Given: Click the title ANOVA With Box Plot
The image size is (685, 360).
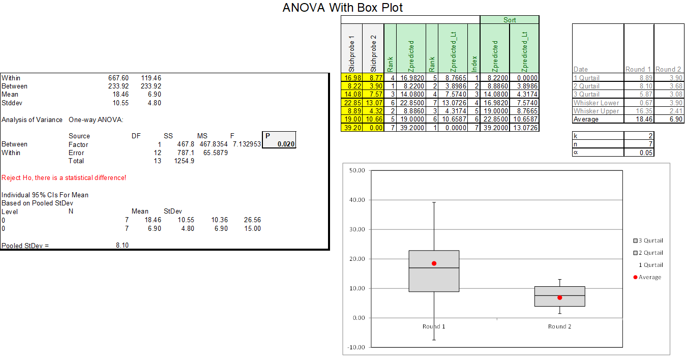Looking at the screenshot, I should click(342, 8).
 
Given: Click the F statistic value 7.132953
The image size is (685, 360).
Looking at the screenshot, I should click(247, 144).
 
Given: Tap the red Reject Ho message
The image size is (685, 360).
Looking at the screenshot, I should click(64, 177).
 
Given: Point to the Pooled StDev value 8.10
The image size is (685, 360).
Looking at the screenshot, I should click(123, 246).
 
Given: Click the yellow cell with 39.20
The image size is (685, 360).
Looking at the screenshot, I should click(352, 128).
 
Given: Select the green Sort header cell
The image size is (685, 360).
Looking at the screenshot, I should click(510, 20).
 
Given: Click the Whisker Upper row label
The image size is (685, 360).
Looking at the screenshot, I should click(596, 111).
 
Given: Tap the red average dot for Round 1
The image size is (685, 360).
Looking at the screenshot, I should click(434, 263).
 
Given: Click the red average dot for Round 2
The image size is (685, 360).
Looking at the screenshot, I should click(559, 297).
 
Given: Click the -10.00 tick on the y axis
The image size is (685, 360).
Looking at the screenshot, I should click(357, 347).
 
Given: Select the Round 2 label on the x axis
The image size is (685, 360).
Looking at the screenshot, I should click(559, 326).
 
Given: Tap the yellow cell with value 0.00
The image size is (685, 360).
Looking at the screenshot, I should click(374, 128).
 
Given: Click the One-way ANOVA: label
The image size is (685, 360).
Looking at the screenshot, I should click(96, 119).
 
